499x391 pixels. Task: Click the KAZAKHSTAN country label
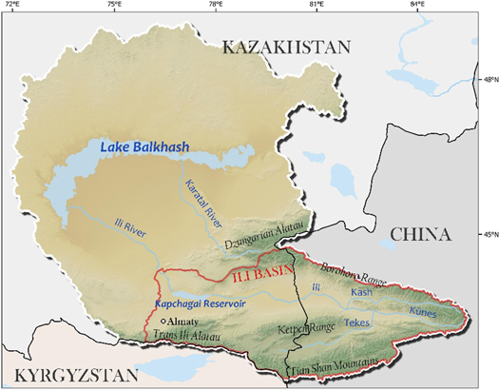pyautogui.click(x=286, y=47)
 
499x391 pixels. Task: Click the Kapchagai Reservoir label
pyautogui.click(x=202, y=305)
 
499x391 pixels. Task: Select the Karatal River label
pyautogui.click(x=201, y=197)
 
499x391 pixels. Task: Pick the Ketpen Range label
pyautogui.click(x=304, y=328)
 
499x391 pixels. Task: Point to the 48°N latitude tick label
pyautogui.click(x=487, y=80)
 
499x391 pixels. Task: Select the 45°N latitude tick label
pyautogui.click(x=487, y=233)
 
